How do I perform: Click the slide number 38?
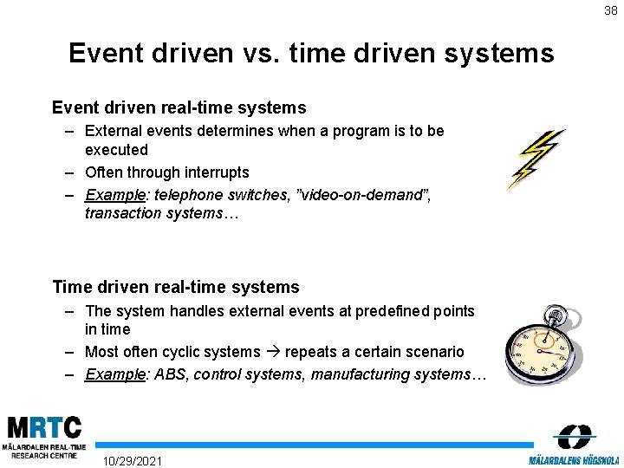tap(612, 10)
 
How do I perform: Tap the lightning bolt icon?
tap(536, 159)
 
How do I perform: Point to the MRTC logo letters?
tap(44, 427)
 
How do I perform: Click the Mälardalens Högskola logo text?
tap(574, 458)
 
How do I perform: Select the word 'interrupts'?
tap(214, 172)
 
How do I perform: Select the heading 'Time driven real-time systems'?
tap(175, 287)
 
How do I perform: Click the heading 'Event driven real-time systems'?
tap(179, 107)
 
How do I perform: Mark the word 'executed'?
tap(116, 150)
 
